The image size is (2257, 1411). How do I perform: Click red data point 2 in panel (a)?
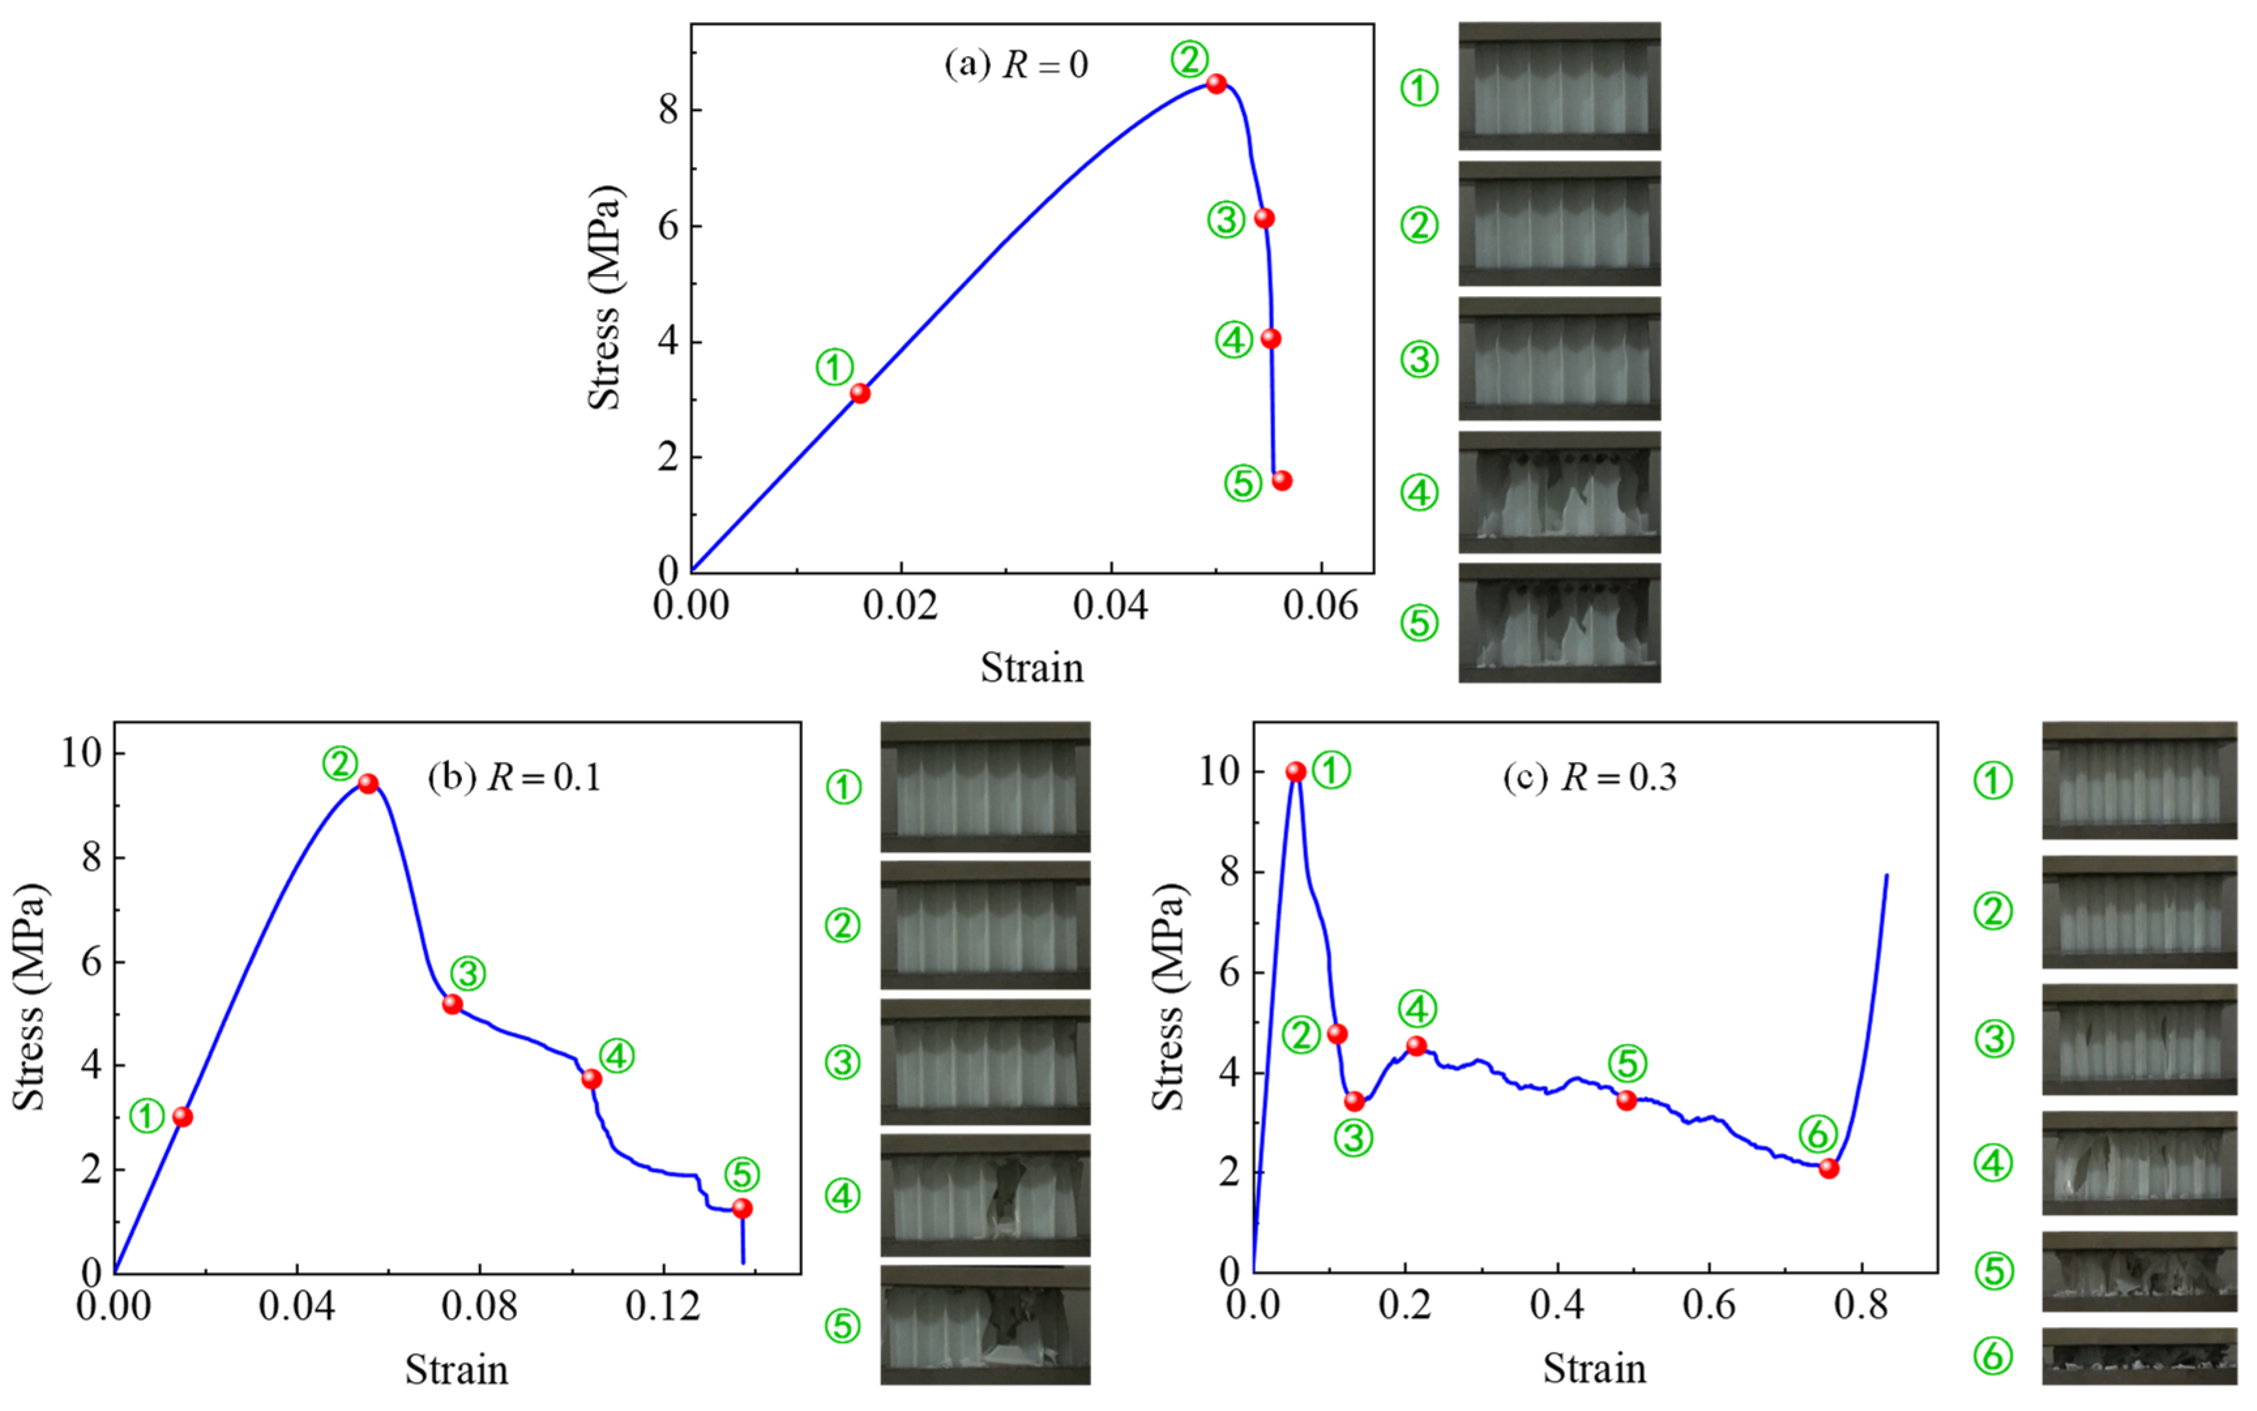click(x=1216, y=84)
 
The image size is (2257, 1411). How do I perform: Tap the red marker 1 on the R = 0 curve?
click(x=860, y=394)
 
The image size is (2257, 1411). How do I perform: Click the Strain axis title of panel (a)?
click(x=1032, y=668)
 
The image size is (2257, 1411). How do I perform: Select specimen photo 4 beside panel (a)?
click(x=1559, y=492)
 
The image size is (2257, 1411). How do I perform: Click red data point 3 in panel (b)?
click(x=453, y=1004)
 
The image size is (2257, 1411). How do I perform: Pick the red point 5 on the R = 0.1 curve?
click(x=742, y=1209)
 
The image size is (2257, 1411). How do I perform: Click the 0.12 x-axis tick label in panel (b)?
click(x=663, y=1307)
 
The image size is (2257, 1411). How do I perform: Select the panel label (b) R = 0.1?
click(x=514, y=776)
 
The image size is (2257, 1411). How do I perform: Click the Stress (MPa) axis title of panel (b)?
click(x=30, y=997)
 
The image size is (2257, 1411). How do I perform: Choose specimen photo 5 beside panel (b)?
click(x=985, y=1324)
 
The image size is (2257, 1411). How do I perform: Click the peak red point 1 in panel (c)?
click(x=1296, y=772)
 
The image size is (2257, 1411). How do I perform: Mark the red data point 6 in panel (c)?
click(x=1828, y=1168)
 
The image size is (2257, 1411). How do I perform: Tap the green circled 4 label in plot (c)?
click(x=1417, y=1009)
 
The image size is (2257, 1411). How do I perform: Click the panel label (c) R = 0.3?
click(x=1589, y=776)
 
